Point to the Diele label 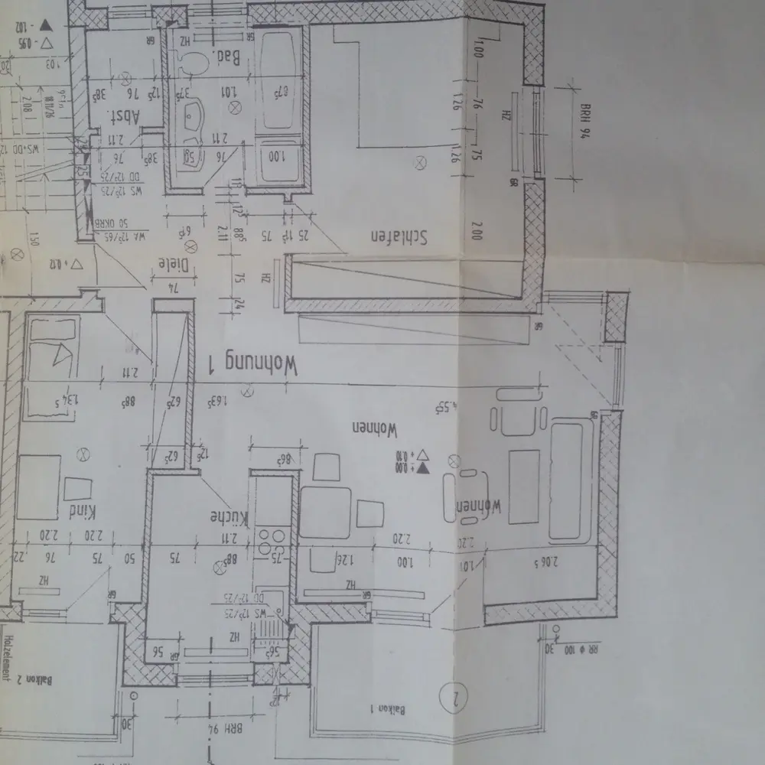(x=172, y=264)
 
